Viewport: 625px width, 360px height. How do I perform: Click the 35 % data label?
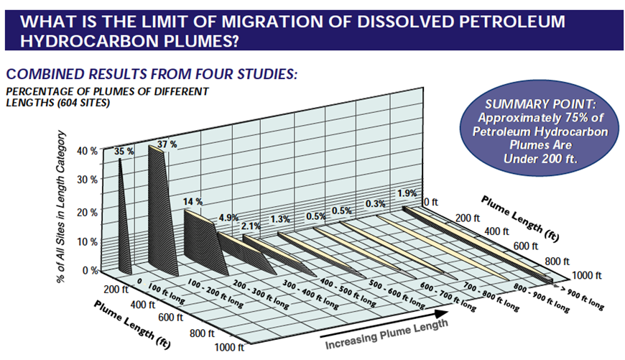tap(124, 151)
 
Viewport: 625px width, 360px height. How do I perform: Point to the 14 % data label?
tap(193, 202)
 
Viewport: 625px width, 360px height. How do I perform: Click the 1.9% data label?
tap(407, 193)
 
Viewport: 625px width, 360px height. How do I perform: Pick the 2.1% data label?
tap(250, 227)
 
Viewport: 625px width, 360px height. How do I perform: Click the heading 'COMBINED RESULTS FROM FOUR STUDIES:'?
tap(151, 74)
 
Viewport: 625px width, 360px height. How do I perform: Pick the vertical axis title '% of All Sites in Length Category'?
tap(63, 208)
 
